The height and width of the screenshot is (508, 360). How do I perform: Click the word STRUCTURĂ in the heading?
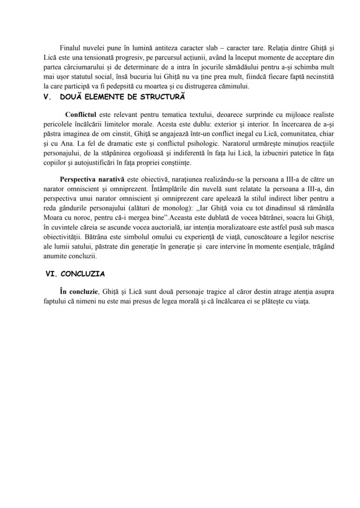[x=163, y=97]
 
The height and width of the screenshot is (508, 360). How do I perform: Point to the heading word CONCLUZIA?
[x=83, y=274]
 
